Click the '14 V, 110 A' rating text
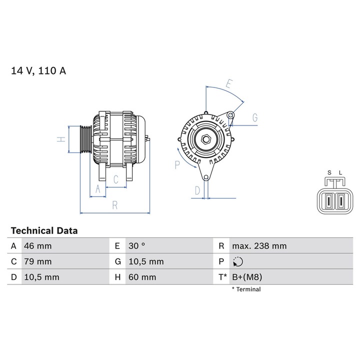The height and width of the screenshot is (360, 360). click(x=38, y=70)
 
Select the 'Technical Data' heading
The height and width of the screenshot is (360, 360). click(x=44, y=230)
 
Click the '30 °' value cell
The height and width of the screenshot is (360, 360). click(x=136, y=246)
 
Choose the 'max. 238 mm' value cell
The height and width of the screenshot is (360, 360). click(x=259, y=246)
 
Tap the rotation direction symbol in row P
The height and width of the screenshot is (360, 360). click(x=237, y=261)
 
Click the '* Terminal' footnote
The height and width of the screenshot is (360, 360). click(x=246, y=289)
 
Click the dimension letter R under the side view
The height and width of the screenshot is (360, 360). click(x=115, y=204)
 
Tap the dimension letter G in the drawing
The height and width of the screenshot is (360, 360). click(x=254, y=118)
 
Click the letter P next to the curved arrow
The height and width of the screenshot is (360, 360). click(x=177, y=164)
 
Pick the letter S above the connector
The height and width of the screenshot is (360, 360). click(x=329, y=173)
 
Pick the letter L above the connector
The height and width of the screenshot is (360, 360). click(x=340, y=173)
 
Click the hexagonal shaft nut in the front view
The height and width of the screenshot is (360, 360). click(x=205, y=139)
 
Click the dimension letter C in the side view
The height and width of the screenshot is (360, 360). click(x=115, y=179)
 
